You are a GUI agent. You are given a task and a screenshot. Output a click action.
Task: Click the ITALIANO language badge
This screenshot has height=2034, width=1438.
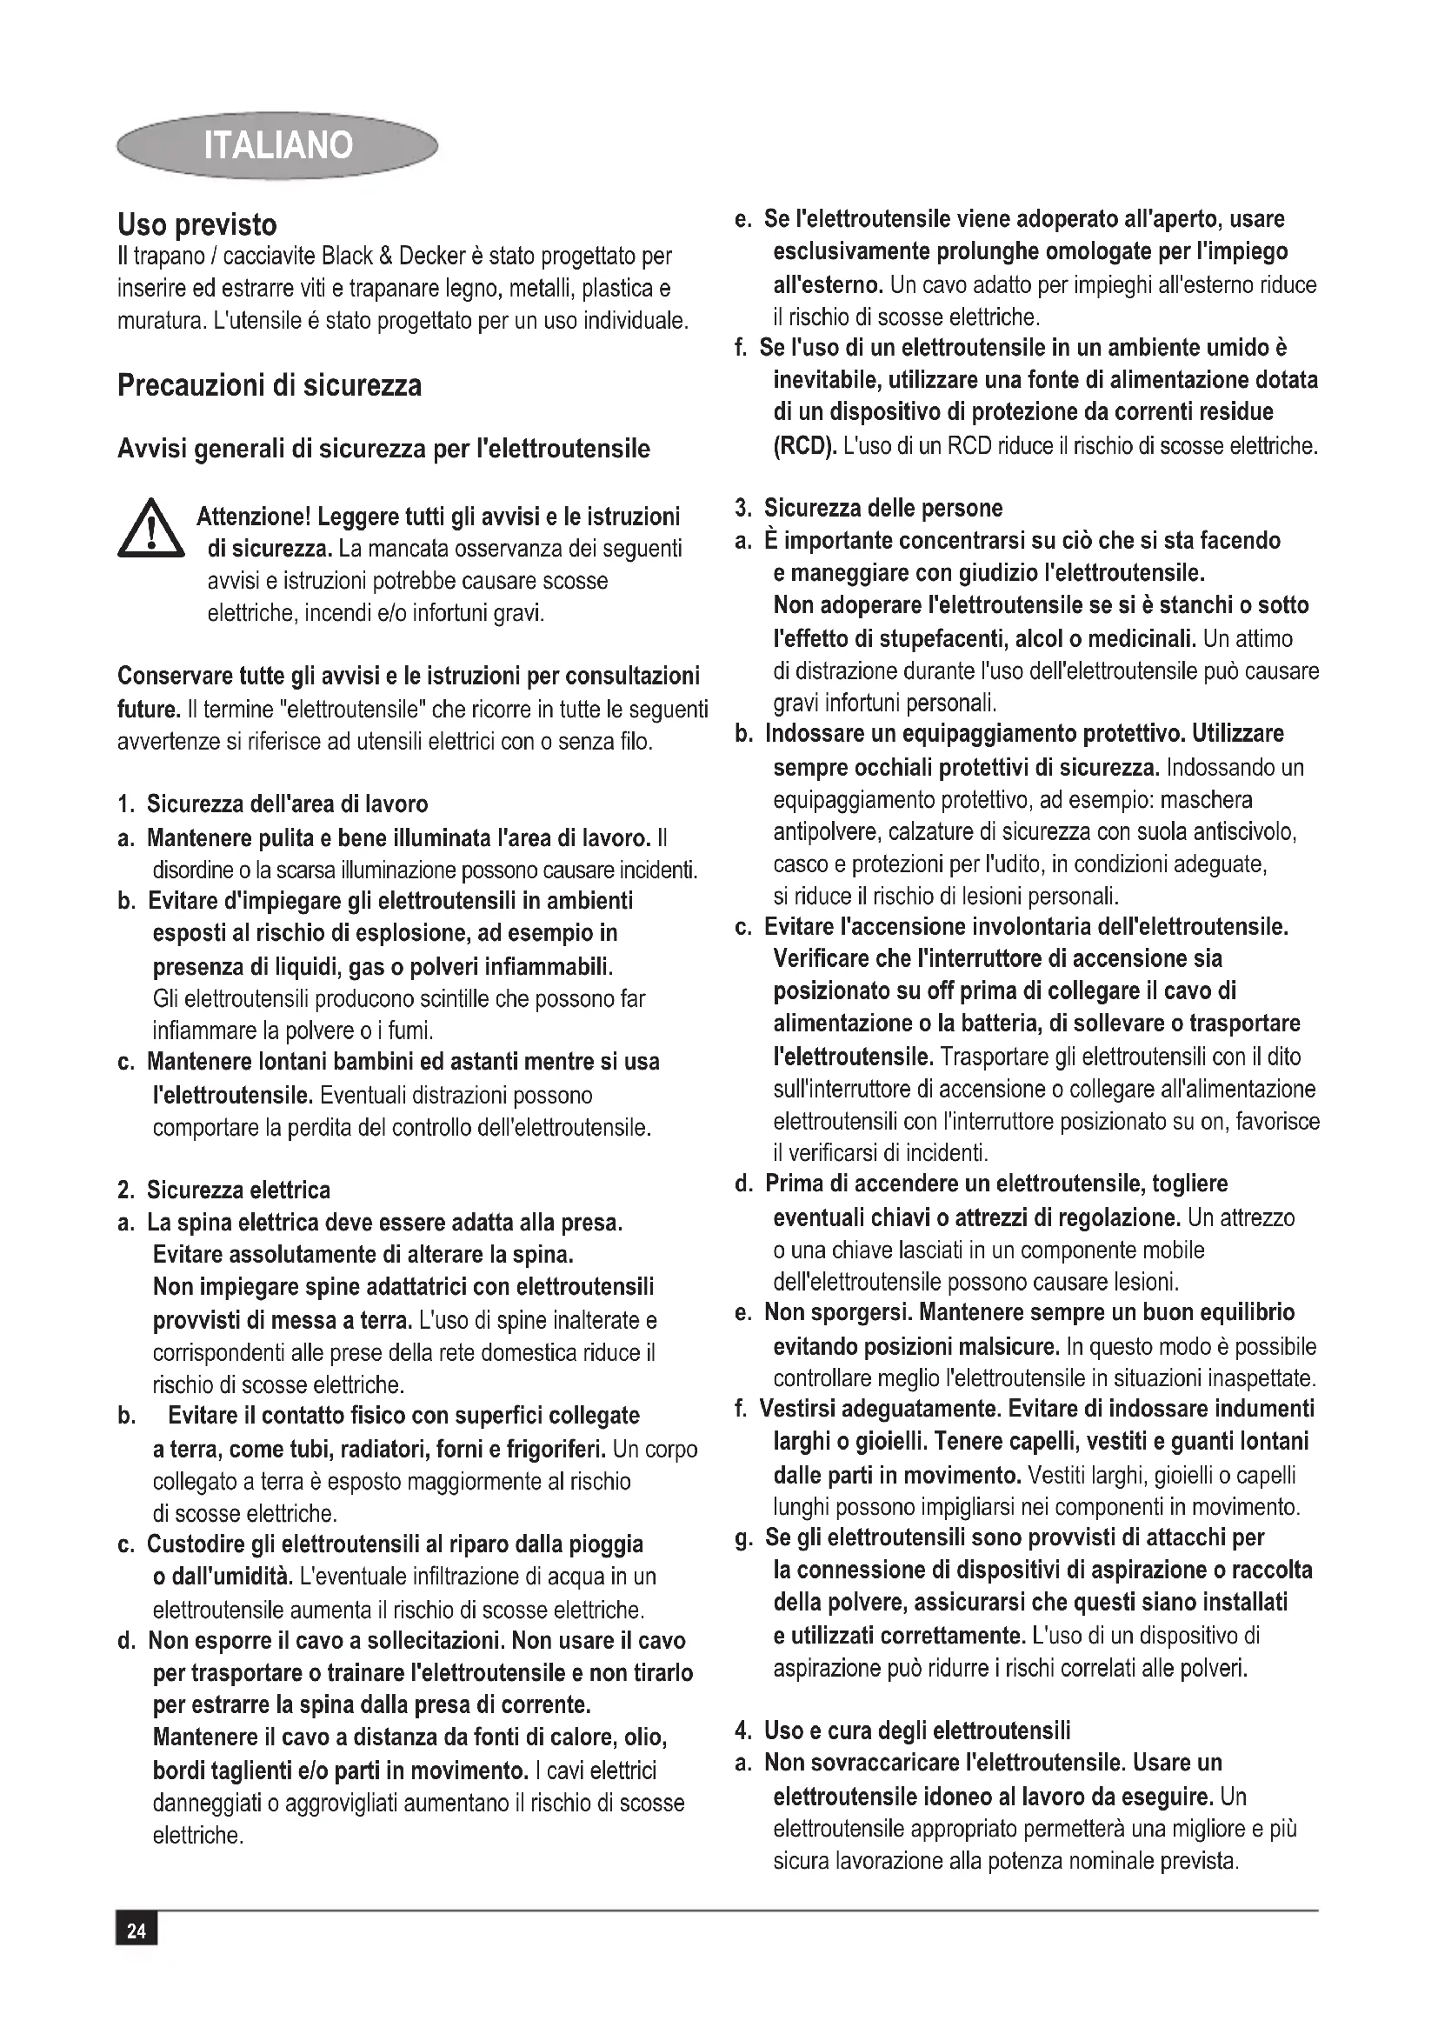(x=277, y=144)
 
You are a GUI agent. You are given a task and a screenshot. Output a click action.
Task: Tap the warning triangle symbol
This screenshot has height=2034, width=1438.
(x=150, y=530)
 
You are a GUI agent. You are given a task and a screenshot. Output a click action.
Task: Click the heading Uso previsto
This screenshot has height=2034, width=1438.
(x=197, y=224)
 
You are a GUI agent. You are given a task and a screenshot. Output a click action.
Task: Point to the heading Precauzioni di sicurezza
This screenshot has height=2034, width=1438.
(x=270, y=385)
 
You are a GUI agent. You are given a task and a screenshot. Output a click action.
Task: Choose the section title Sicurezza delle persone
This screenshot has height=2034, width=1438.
(x=882, y=509)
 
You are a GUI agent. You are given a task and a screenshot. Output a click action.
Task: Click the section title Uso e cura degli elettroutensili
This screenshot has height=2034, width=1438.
(x=917, y=1731)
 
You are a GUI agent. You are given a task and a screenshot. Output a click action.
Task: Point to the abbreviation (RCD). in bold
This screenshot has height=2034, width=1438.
(x=804, y=444)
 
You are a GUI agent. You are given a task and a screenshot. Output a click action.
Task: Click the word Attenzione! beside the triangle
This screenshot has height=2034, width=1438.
(x=252, y=517)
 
